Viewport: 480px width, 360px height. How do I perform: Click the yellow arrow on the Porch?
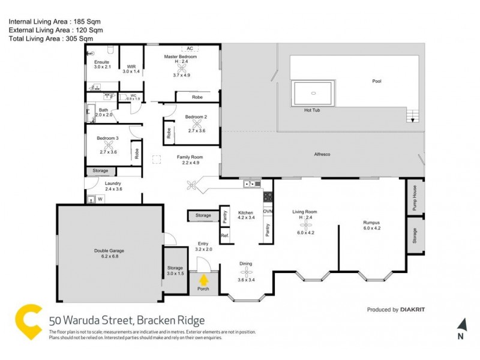[204, 280]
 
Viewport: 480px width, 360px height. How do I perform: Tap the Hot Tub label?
[312, 110]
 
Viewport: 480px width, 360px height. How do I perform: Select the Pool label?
[376, 81]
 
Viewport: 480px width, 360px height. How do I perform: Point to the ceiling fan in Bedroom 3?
[109, 144]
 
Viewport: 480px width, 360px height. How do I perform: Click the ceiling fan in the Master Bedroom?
[181, 68]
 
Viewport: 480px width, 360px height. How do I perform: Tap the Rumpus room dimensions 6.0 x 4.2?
[371, 228]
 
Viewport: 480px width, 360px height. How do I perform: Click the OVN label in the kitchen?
[268, 212]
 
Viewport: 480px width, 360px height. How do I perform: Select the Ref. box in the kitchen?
[226, 236]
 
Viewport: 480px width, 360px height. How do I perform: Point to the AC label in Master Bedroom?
[190, 48]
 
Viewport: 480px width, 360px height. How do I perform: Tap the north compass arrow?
[461, 325]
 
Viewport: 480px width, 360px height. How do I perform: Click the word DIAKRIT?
[414, 310]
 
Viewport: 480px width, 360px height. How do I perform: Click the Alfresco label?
[323, 154]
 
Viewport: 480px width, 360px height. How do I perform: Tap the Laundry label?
[113, 183]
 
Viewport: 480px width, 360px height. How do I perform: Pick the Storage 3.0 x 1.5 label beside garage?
[175, 270]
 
